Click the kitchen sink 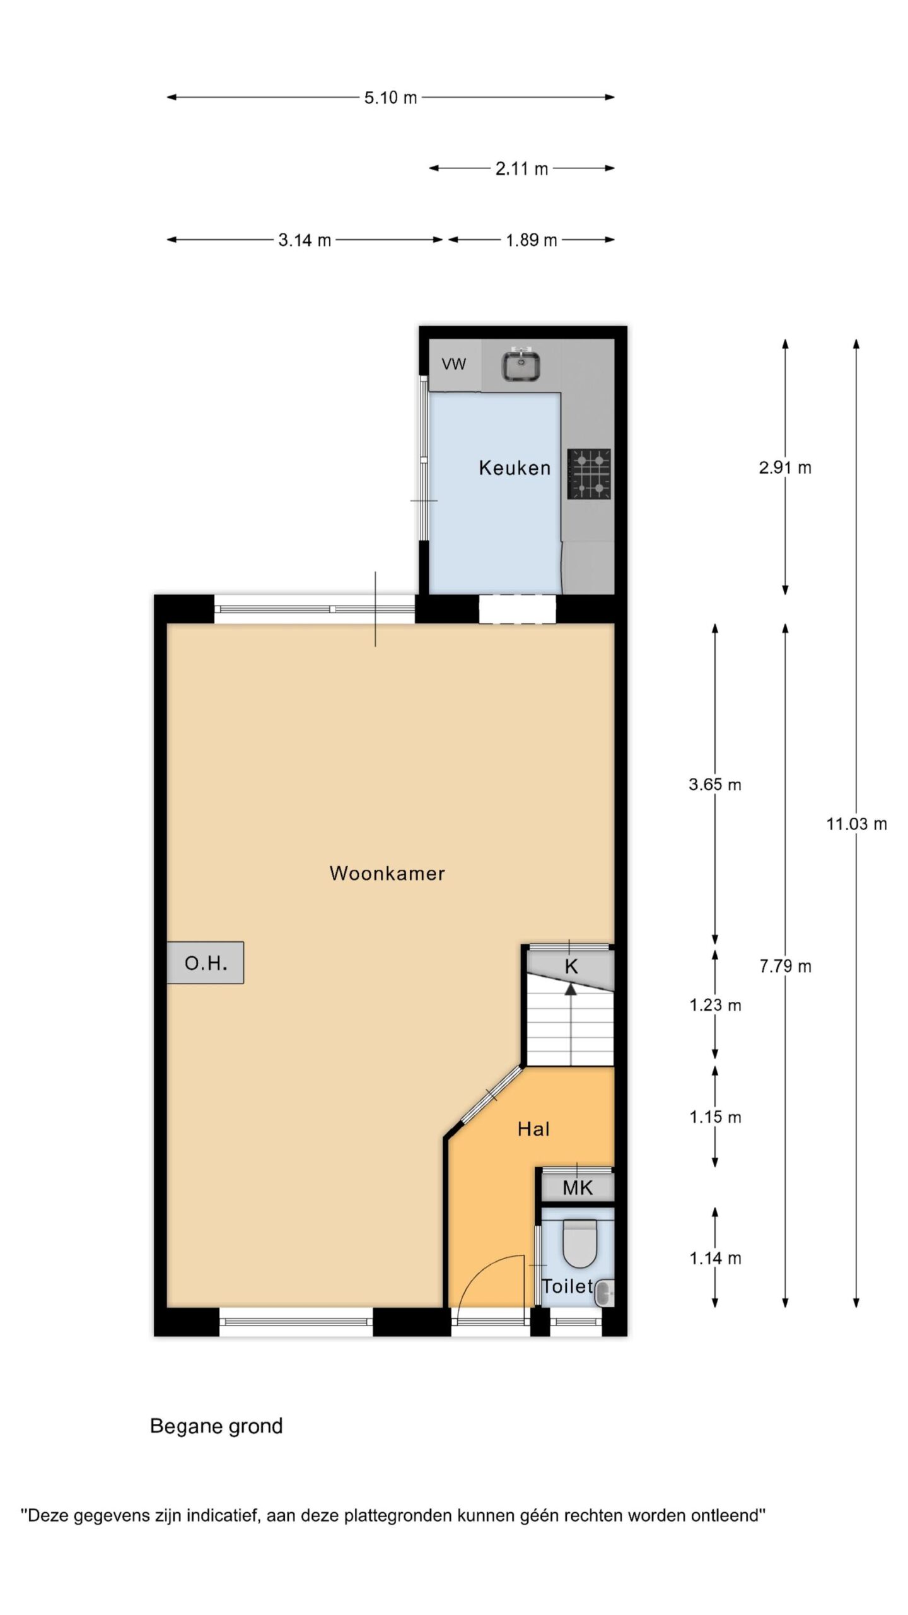tap(520, 365)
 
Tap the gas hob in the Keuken tap(589, 474)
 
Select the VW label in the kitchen tap(454, 364)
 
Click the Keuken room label tap(515, 467)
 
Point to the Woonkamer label tap(387, 873)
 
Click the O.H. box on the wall tap(206, 963)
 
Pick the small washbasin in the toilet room tap(603, 1293)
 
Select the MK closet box tap(578, 1187)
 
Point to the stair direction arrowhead tap(571, 989)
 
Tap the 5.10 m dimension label tap(390, 98)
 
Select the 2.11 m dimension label tap(521, 169)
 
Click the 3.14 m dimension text tap(305, 240)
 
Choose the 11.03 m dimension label tap(856, 824)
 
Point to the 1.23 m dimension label tap(715, 1005)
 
